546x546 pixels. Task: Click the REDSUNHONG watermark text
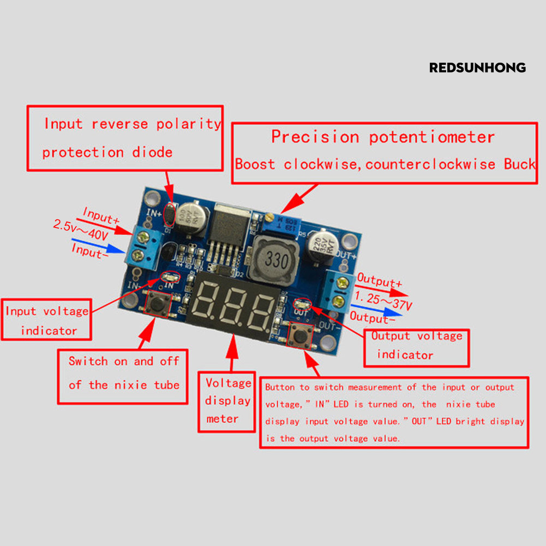pos(477,68)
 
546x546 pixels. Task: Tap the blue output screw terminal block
pos(338,290)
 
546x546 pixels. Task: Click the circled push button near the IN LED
pos(159,304)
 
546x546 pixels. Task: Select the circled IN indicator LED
pos(170,278)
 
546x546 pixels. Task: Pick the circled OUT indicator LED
pos(301,303)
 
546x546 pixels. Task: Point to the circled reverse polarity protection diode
pos(170,216)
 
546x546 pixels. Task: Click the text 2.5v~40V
pos(81,229)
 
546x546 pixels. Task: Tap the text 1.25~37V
pos(383,299)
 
